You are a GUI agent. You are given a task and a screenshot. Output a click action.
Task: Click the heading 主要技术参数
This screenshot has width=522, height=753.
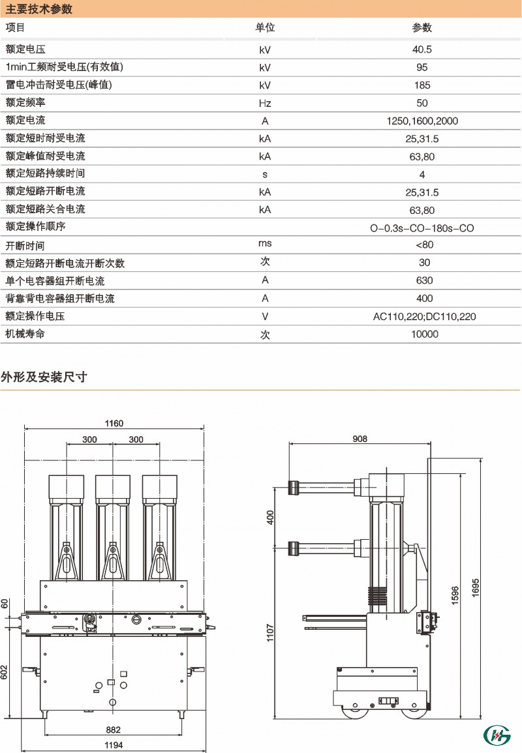tap(39, 9)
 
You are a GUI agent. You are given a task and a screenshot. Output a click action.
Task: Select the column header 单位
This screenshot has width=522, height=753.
tap(265, 28)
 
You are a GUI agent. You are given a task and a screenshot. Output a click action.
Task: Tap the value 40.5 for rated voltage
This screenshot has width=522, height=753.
tap(422, 50)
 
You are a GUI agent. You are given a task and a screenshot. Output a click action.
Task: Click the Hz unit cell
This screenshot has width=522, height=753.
tap(265, 103)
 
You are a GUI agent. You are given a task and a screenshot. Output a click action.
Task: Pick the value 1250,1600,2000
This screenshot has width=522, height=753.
tap(422, 121)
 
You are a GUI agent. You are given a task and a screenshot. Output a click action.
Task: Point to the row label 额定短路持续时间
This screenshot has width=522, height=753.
tap(45, 173)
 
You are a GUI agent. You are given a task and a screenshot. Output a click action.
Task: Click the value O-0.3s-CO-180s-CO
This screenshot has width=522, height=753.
tap(422, 228)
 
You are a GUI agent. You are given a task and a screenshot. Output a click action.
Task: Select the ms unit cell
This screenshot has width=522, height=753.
tap(265, 243)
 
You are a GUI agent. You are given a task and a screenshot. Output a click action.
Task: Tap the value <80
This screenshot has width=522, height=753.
tap(424, 245)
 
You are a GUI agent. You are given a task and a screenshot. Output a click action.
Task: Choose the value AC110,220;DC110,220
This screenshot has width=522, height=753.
tap(424, 316)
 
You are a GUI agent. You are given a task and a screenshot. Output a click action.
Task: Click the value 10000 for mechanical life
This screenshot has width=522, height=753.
tap(424, 334)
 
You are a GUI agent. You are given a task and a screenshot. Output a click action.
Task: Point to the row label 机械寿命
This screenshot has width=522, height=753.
tap(25, 334)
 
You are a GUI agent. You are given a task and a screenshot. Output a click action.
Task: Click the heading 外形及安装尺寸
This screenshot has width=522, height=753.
tap(44, 377)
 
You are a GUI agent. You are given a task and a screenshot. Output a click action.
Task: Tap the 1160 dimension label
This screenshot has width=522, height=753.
tap(114, 423)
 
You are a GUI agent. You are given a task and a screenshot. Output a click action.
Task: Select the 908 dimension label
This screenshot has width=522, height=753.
tap(360, 439)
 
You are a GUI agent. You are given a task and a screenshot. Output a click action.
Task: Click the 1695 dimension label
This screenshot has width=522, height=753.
tap(476, 588)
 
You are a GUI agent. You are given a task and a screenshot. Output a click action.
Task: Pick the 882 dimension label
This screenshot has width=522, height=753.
tap(114, 730)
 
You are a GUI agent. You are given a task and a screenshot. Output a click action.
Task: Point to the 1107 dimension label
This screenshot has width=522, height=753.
tap(270, 633)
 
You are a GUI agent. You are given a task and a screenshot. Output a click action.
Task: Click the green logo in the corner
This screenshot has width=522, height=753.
tap(497, 735)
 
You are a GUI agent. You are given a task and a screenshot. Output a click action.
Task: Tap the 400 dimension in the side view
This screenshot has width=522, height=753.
tap(270, 517)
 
